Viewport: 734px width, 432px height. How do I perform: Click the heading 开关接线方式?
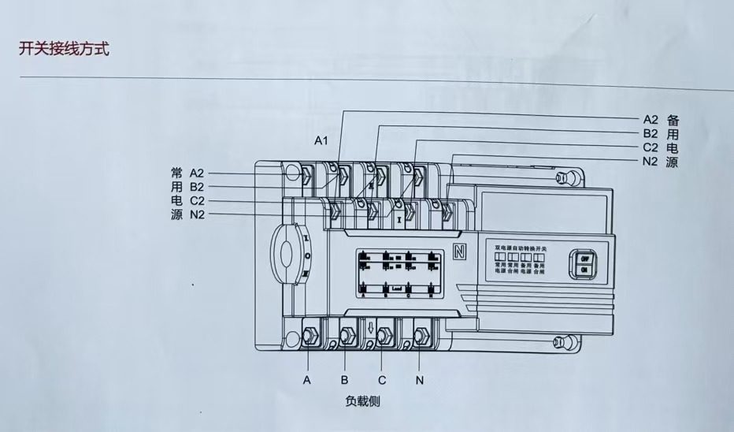tap(64, 49)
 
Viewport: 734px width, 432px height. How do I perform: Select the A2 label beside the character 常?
tap(197, 173)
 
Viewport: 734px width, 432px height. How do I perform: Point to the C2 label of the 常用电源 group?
tap(197, 201)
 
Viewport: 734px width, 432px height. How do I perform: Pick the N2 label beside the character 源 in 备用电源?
tap(650, 162)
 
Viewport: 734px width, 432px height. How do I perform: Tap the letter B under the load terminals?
tap(345, 380)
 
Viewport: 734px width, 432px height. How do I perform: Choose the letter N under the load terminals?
tap(420, 380)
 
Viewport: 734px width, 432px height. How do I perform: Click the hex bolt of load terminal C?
tap(384, 333)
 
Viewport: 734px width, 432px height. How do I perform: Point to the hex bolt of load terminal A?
tap(310, 335)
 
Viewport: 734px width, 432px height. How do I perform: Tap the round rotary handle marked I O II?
tap(287, 254)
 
